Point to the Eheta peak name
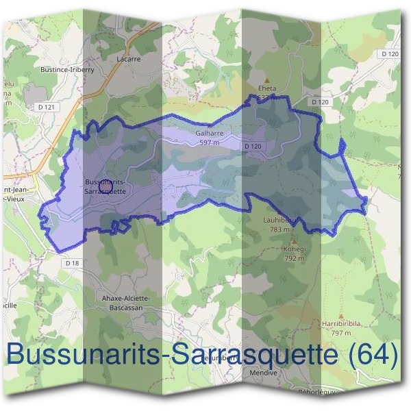(266, 88)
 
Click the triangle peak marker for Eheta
(267, 80)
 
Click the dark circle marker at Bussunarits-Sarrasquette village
(105, 186)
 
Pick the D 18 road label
(73, 263)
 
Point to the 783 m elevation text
(280, 229)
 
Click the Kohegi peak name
(295, 250)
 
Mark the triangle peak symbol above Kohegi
(295, 242)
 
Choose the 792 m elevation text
(295, 259)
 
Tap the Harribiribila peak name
(340, 324)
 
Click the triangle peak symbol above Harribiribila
(340, 316)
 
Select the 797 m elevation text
(340, 333)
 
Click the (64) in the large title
(372, 355)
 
